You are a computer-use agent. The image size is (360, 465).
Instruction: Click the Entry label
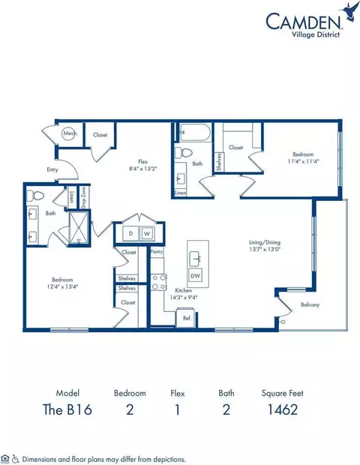[x=52, y=170]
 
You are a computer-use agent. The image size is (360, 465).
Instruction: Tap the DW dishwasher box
[x=196, y=276]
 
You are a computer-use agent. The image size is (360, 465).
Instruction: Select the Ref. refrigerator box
[x=186, y=318]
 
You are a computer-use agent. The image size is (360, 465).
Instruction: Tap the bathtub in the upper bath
[x=194, y=135]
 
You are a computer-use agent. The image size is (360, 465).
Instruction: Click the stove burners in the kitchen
[x=159, y=281]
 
